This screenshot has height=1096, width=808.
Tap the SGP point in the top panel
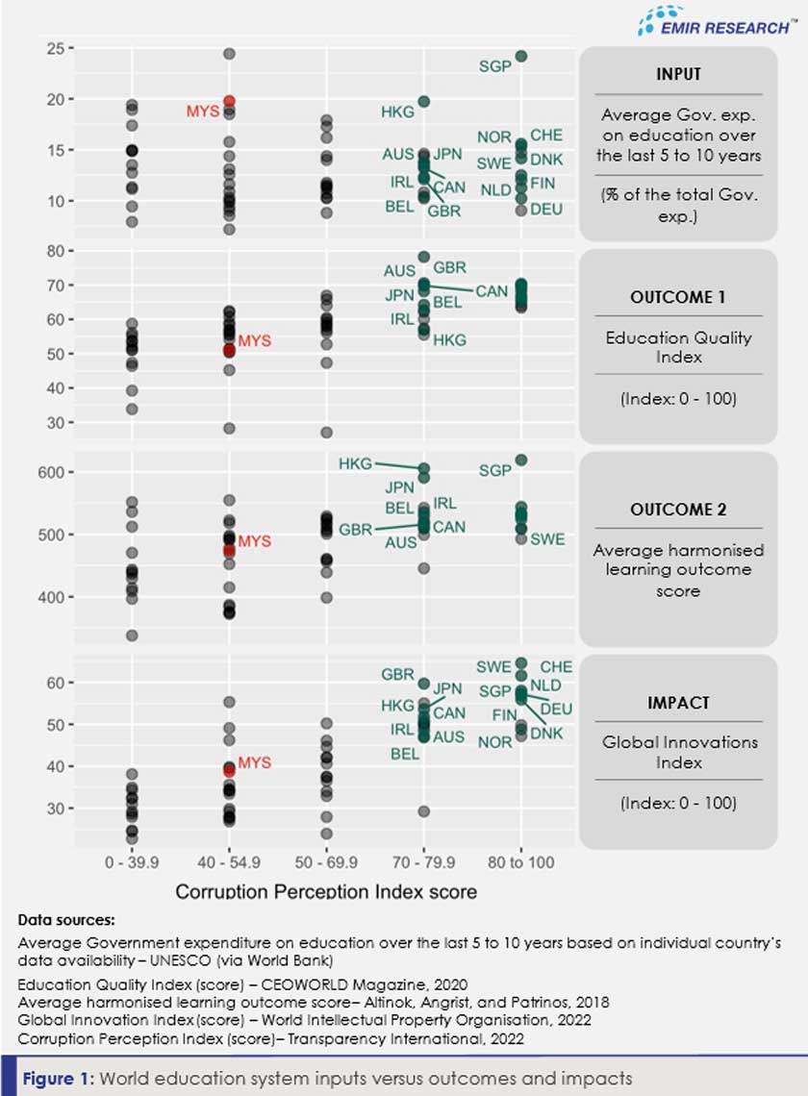(x=520, y=57)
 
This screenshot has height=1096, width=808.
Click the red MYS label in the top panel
(x=203, y=112)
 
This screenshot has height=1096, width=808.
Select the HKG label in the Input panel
(x=397, y=112)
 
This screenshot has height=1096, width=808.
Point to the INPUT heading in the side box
(x=677, y=74)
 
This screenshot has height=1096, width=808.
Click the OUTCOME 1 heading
(x=677, y=297)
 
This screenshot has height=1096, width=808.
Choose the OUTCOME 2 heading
(x=677, y=510)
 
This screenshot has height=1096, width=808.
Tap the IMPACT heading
(x=677, y=703)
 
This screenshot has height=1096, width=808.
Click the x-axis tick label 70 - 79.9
(x=423, y=863)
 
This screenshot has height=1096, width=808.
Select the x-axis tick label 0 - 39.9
(x=132, y=863)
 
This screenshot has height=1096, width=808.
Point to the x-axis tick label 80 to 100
(x=520, y=863)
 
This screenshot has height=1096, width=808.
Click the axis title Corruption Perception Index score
(x=326, y=891)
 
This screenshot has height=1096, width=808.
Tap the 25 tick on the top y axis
(x=55, y=48)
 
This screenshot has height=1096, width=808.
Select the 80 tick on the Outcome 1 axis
(x=55, y=251)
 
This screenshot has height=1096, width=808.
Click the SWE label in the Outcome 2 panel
(x=548, y=539)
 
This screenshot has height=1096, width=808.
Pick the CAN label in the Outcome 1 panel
(x=492, y=290)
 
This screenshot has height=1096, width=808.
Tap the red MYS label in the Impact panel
(x=255, y=763)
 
